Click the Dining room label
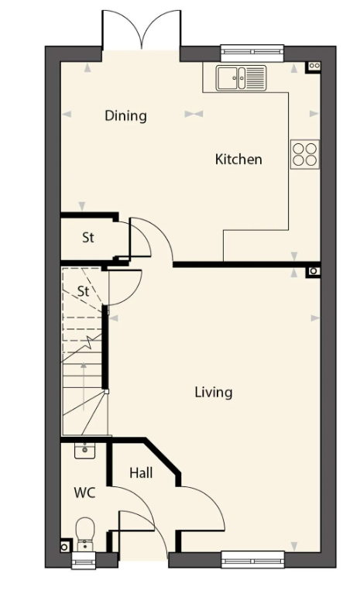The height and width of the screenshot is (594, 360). pyautogui.click(x=125, y=115)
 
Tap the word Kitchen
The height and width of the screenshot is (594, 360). pyautogui.click(x=238, y=159)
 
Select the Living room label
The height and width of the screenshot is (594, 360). pyautogui.click(x=214, y=393)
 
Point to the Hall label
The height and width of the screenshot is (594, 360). pyautogui.click(x=141, y=472)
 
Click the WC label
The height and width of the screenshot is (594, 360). pyautogui.click(x=85, y=493)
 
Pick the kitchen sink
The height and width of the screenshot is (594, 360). pyautogui.click(x=241, y=78)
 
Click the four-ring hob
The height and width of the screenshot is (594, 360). pyautogui.click(x=305, y=154)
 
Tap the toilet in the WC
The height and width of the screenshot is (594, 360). pyautogui.click(x=86, y=535)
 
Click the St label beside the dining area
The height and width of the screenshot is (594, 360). pyautogui.click(x=88, y=238)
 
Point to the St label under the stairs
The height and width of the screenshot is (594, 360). pyautogui.click(x=84, y=291)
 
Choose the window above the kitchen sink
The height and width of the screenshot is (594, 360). pyautogui.click(x=252, y=53)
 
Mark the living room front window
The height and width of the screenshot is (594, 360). pyautogui.click(x=252, y=559)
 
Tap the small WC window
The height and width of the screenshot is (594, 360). pyautogui.click(x=84, y=560)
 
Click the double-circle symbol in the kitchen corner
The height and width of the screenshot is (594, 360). pyautogui.click(x=314, y=67)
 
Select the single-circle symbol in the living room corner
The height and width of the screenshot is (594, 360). pyautogui.click(x=314, y=271)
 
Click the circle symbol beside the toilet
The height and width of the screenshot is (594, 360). pyautogui.click(x=65, y=547)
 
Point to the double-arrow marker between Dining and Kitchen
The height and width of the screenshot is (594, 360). pyautogui.click(x=194, y=114)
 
